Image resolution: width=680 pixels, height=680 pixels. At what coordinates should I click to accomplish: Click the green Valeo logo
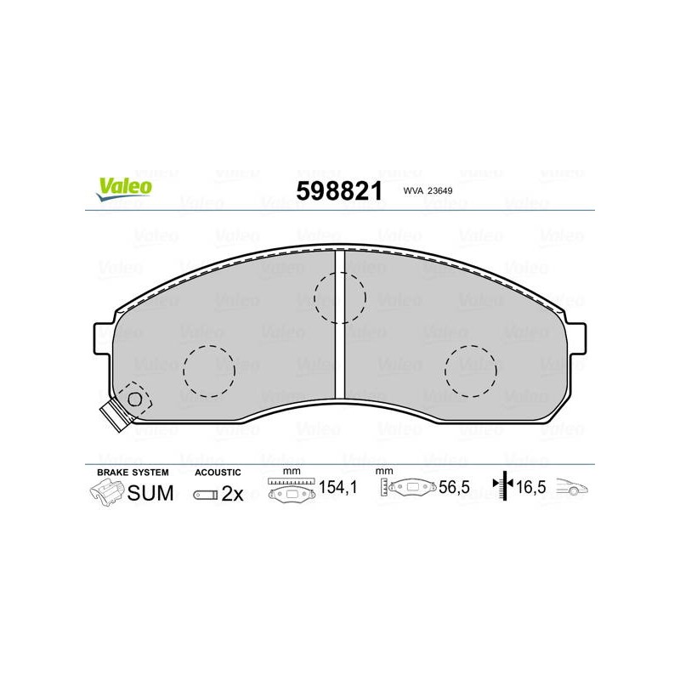124,189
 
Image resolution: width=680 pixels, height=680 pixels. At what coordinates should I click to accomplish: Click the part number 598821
339,190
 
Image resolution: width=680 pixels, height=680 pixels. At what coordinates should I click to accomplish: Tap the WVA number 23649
439,190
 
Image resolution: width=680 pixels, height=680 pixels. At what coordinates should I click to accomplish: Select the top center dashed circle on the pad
340,273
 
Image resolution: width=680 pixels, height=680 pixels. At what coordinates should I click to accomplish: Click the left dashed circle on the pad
209,346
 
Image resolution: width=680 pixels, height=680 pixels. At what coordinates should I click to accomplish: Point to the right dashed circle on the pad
471,346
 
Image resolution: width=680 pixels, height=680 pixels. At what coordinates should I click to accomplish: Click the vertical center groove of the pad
340,325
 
